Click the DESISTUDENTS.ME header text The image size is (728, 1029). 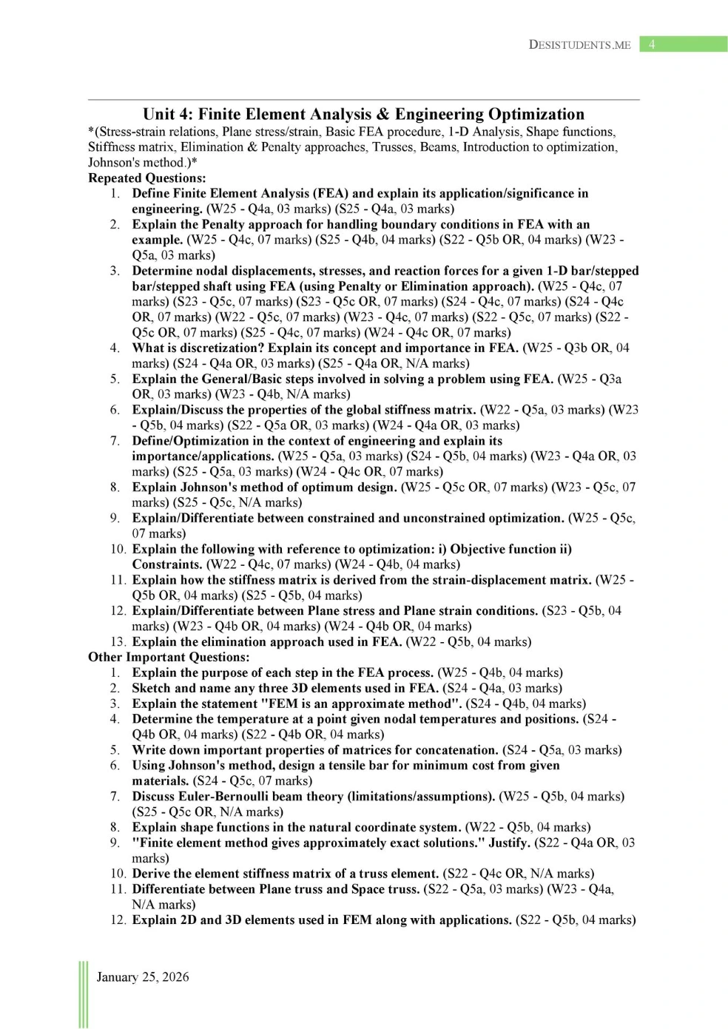click(x=580, y=44)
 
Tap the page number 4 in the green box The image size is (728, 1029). click(x=652, y=44)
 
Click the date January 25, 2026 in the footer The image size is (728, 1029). click(x=143, y=976)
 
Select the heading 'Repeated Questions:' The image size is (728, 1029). click(x=147, y=178)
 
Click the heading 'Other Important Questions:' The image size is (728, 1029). click(x=169, y=657)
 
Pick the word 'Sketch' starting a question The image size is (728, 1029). click(x=151, y=688)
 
